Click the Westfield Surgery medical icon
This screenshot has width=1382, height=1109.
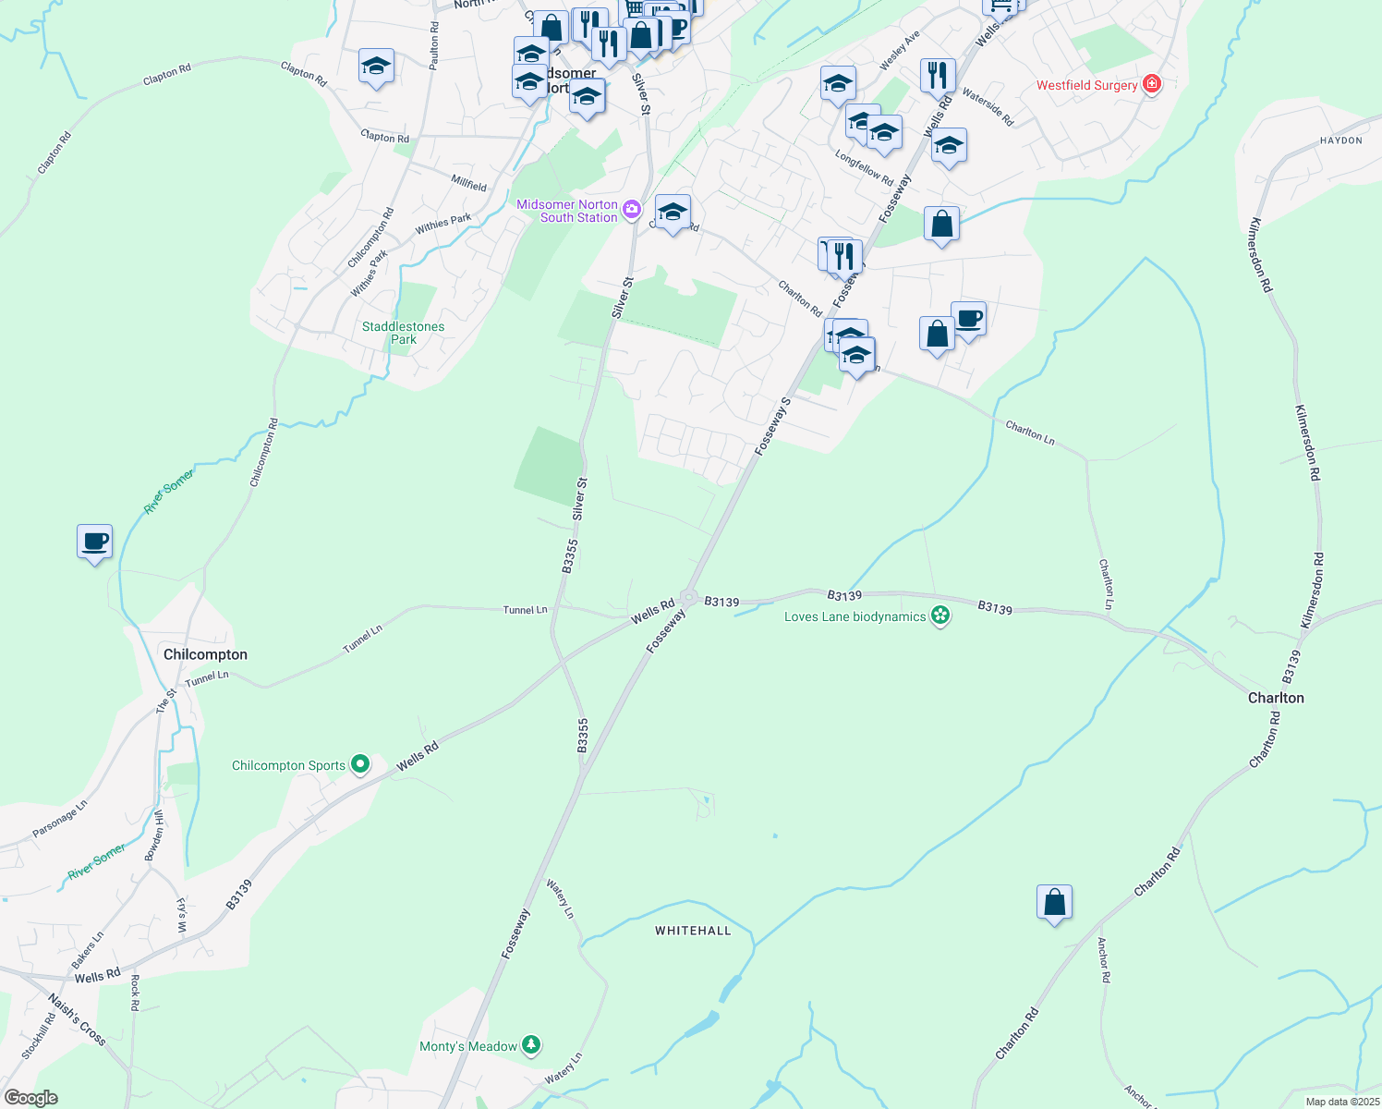tap(1151, 85)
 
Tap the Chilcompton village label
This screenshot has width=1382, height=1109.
tap(205, 654)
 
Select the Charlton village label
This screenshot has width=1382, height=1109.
tap(1276, 698)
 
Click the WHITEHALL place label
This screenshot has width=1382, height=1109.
tap(693, 931)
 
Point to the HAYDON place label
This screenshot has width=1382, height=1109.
tap(1341, 140)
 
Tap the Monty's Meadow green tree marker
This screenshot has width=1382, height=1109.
tap(530, 1045)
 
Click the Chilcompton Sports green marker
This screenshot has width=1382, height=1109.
tap(360, 764)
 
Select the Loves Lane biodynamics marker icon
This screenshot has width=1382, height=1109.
tap(940, 616)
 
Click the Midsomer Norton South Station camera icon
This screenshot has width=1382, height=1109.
tap(632, 210)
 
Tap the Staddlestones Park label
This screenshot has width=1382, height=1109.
tap(404, 333)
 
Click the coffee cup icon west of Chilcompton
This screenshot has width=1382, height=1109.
tap(94, 541)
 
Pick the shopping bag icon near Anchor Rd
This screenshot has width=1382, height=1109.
tap(1054, 901)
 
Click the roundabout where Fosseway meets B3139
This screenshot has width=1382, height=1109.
tap(688, 597)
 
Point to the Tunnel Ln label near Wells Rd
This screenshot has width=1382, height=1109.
tap(525, 610)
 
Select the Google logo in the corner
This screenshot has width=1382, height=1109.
tap(30, 1098)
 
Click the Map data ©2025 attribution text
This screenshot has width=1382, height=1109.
tap(1341, 1102)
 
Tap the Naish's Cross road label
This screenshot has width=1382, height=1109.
tap(77, 1019)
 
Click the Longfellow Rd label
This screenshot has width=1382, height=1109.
tap(864, 167)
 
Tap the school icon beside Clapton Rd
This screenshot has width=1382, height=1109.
tap(376, 67)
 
